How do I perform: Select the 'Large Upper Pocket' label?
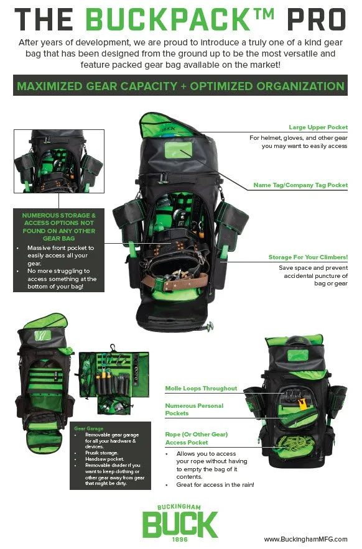tap(318, 127)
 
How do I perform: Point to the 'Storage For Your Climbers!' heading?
tap(308, 257)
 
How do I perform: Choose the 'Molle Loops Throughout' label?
tap(201, 388)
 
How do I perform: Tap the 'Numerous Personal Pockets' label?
tap(194, 409)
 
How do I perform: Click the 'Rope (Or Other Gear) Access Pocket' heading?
tap(197, 438)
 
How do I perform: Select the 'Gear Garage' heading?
tap(88, 428)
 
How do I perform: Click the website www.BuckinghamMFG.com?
tap(305, 539)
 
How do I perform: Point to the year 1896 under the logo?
tap(180, 540)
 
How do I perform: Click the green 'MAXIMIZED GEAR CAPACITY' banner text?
tap(180, 86)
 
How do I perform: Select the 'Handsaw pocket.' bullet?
tap(106, 458)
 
